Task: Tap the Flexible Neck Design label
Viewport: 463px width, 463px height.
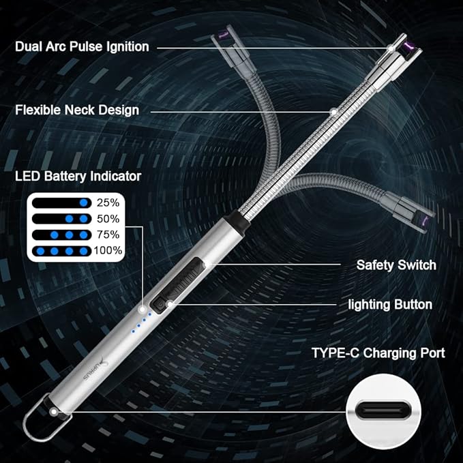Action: pyautogui.click(x=77, y=109)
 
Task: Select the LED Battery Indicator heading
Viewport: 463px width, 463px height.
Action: pyautogui.click(x=78, y=176)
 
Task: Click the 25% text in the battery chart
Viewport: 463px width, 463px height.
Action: pyautogui.click(x=108, y=203)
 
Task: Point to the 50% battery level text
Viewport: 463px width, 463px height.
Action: pyautogui.click(x=108, y=219)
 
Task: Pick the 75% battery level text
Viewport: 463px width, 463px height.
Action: pyautogui.click(x=108, y=235)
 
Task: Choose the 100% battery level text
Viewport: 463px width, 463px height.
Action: pyautogui.click(x=108, y=250)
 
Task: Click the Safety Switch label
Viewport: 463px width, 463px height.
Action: pyautogui.click(x=395, y=265)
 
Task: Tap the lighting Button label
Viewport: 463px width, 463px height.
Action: pyautogui.click(x=391, y=304)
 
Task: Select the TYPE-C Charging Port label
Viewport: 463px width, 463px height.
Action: pyautogui.click(x=378, y=353)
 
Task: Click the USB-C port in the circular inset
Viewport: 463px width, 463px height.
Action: pyautogui.click(x=384, y=411)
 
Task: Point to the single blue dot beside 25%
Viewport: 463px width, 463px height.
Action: pyautogui.click(x=84, y=203)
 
